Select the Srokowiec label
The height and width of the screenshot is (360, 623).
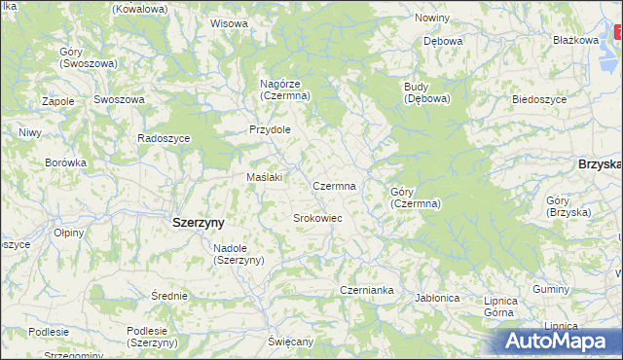coord(317,218)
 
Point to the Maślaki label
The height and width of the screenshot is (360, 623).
coord(264,177)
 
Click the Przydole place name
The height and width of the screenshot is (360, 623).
coord(270,129)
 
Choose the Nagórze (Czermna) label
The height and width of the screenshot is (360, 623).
coord(284,90)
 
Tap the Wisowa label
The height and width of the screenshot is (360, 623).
coord(229,23)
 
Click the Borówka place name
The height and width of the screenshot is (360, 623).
coord(66,162)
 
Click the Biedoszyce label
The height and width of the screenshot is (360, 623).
coord(539,99)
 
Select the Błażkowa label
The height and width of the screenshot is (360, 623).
coord(574,40)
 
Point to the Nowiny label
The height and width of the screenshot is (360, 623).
coord(431,18)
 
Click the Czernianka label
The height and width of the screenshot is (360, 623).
coord(366,290)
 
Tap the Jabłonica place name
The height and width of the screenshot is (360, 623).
coord(436,298)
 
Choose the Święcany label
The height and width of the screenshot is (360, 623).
coord(291,342)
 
